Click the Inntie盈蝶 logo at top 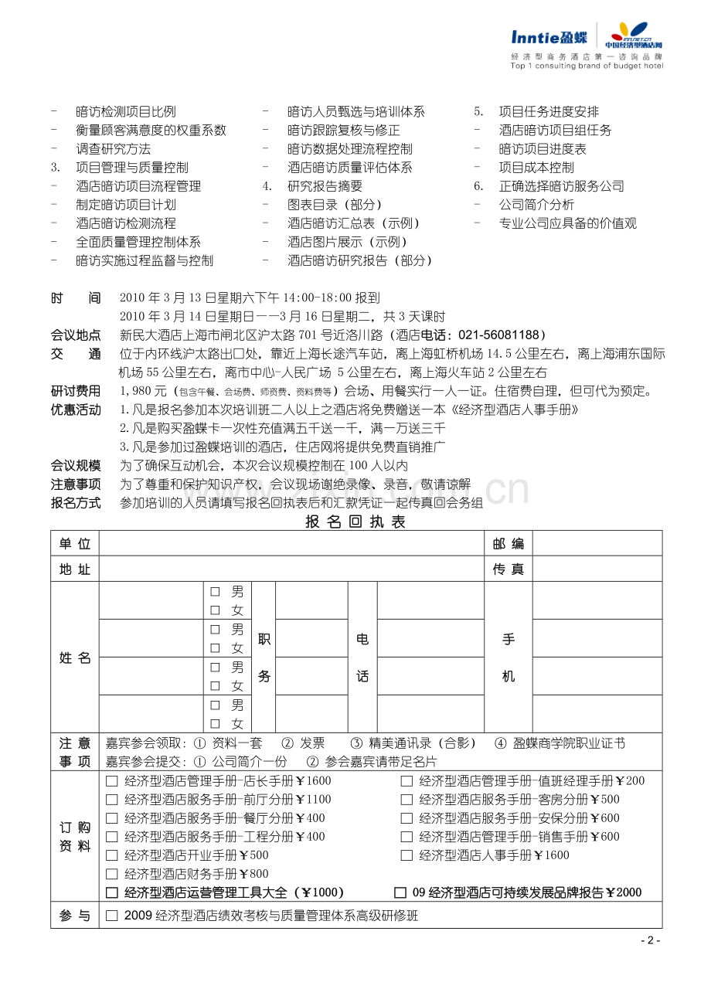tap(549, 37)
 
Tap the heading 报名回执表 tap(355, 522)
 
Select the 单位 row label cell tap(75, 543)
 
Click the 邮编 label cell tap(508, 543)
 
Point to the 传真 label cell tap(508, 569)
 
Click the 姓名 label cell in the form tap(75, 658)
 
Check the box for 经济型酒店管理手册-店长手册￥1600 tap(112, 781)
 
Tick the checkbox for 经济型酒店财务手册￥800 tap(112, 874)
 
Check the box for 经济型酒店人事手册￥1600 tap(407, 855)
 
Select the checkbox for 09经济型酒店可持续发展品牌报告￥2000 tap(400, 892)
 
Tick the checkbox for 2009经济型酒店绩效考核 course tap(112, 916)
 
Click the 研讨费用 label tap(76, 391)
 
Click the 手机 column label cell tap(508, 658)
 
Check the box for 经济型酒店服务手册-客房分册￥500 tap(407, 800)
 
